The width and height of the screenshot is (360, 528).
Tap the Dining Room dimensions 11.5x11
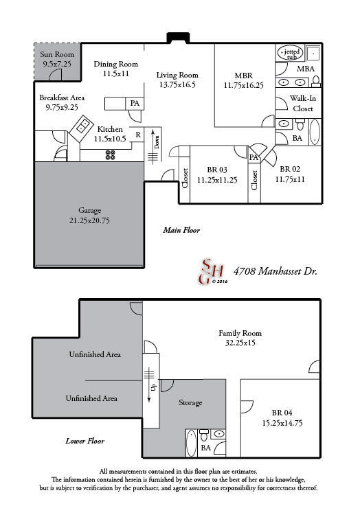click(x=115, y=73)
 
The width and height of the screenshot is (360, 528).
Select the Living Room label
click(x=177, y=75)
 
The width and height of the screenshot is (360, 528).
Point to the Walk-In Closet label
click(x=303, y=104)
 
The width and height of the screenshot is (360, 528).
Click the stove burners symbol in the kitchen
click(x=110, y=154)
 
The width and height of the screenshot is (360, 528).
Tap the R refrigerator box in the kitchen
click(x=137, y=135)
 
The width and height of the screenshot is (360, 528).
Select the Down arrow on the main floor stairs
click(x=157, y=143)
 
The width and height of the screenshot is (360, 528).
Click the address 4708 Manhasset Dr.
click(x=275, y=271)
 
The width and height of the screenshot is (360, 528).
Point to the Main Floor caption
click(x=181, y=230)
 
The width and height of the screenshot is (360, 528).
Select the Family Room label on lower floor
click(x=240, y=333)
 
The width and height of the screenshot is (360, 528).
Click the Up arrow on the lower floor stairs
click(x=153, y=386)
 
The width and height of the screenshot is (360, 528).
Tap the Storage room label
click(x=190, y=402)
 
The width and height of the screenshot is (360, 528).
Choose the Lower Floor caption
click(x=85, y=441)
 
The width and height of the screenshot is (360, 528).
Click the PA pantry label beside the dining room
click(x=135, y=103)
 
